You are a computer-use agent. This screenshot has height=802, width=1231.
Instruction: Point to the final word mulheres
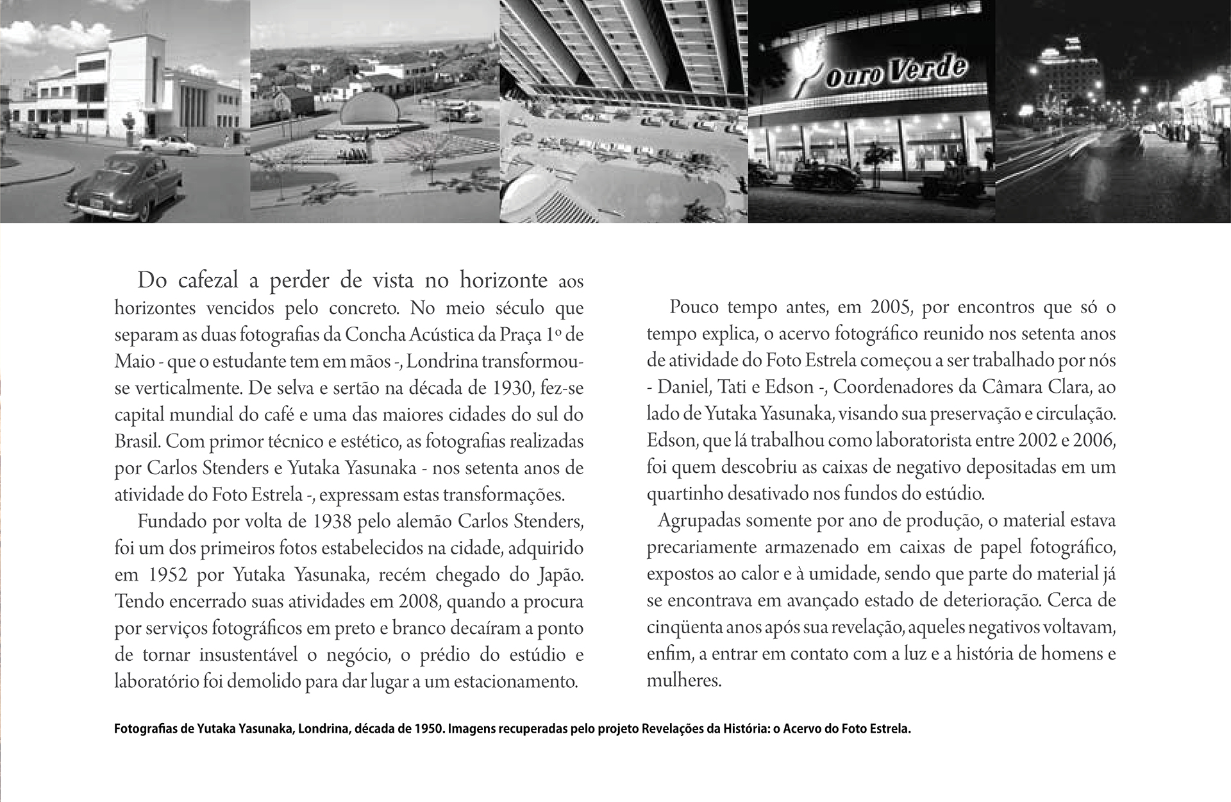683,680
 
